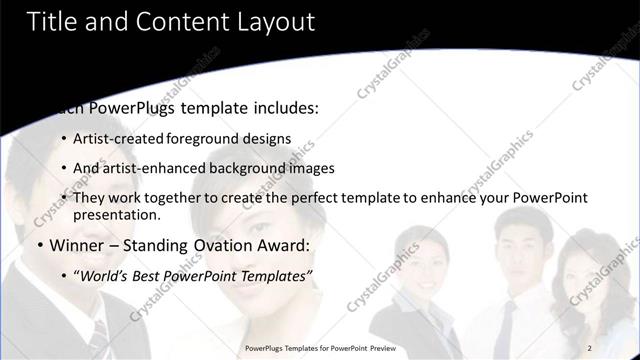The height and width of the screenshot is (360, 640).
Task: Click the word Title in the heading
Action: click(51, 22)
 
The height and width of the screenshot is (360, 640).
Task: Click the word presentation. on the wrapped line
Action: click(116, 214)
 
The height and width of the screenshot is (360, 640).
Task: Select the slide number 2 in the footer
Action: click(589, 348)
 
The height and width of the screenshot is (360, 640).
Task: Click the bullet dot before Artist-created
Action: click(64, 140)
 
